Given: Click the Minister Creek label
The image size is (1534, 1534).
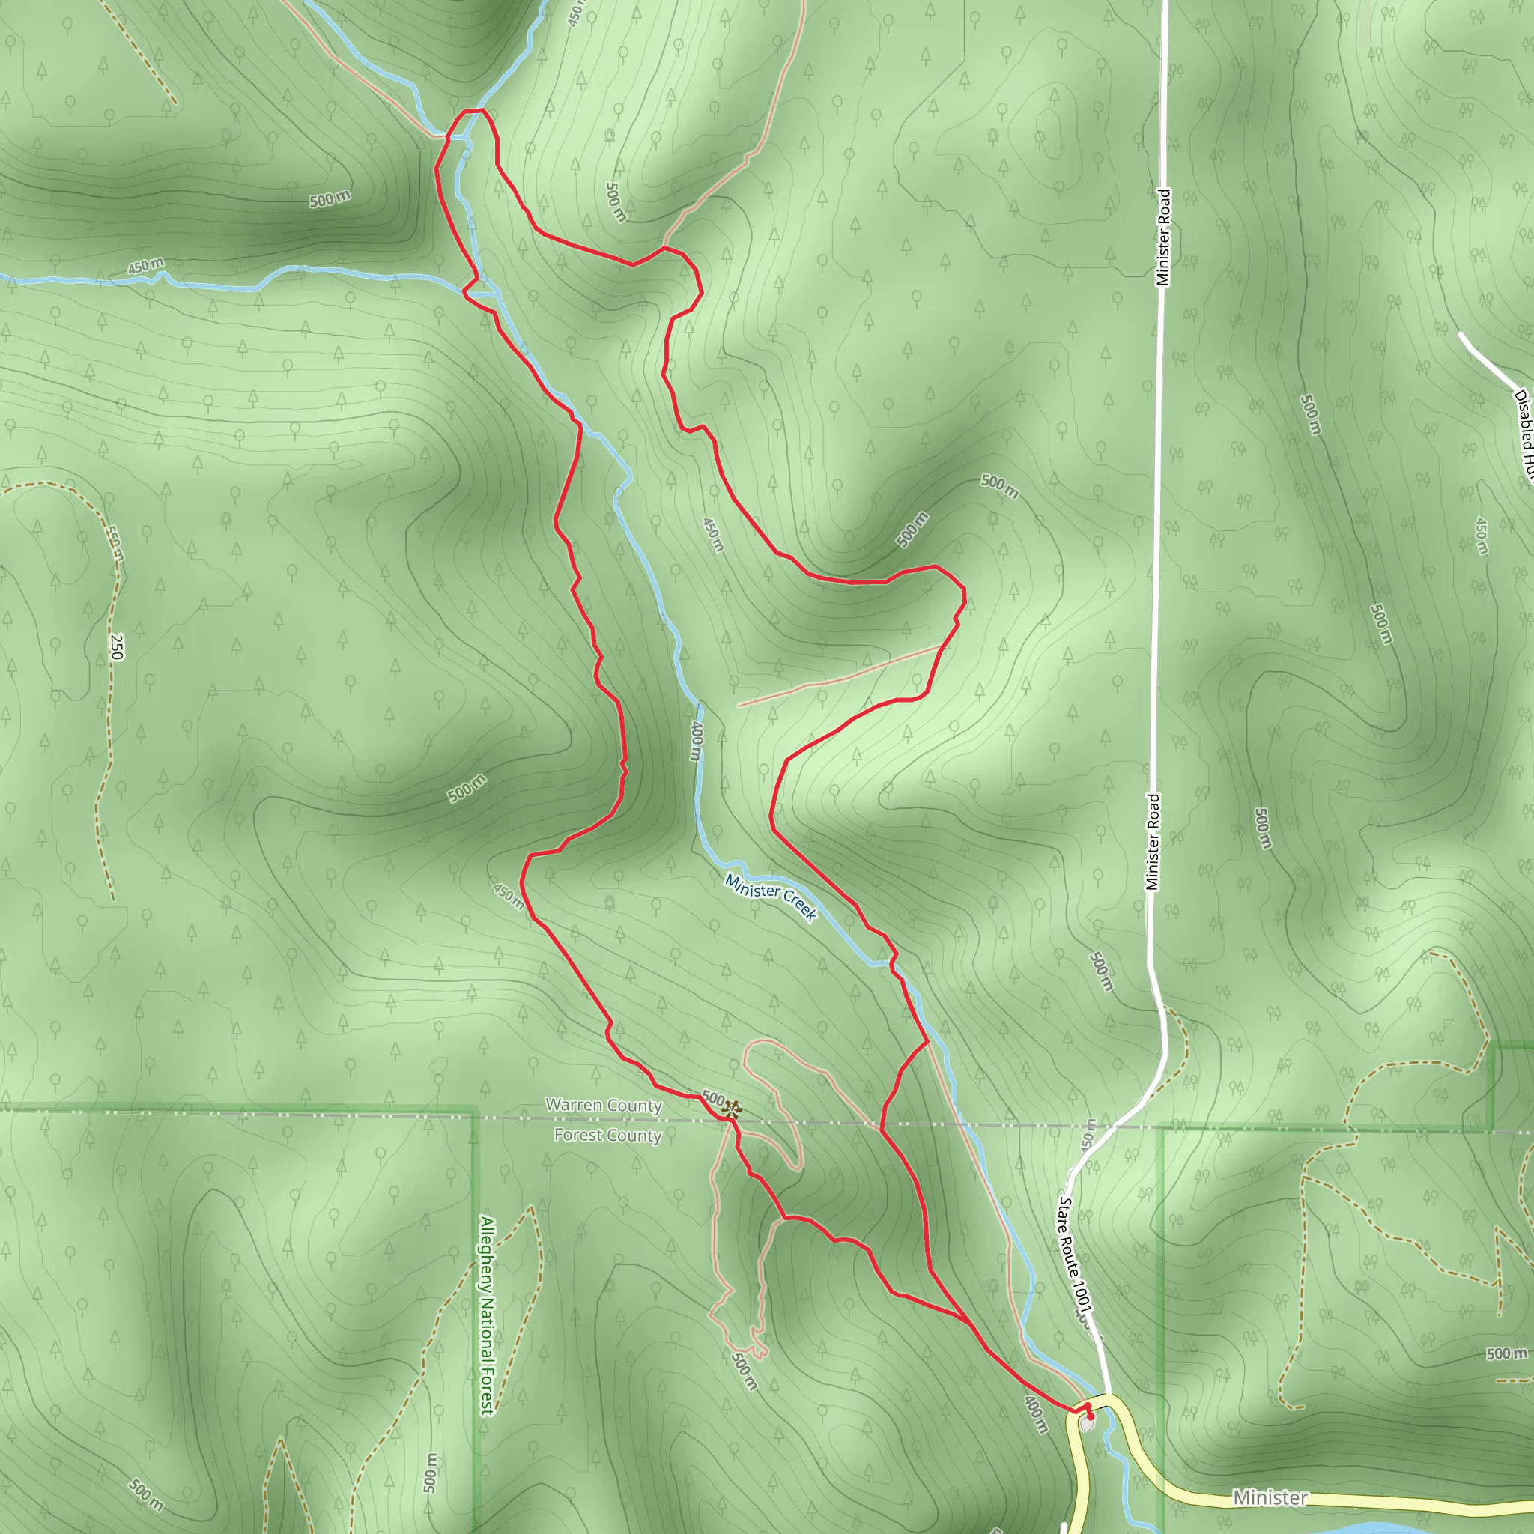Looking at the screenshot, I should pos(770,898).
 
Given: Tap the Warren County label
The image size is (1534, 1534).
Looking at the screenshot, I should pos(604,1106).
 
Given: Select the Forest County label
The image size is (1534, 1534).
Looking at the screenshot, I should pos(607,1136).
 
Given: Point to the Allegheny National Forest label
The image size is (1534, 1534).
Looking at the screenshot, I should pos(487,1315).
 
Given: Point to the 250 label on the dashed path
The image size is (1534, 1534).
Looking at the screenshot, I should pos(117,646).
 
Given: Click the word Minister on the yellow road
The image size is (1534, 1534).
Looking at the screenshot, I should pos(1270,1497).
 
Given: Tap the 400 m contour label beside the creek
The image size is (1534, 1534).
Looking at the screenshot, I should pos(697,741).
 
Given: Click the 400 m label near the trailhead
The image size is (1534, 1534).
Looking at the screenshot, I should pos(1035,1415).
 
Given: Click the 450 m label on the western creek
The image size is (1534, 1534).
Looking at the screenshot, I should pos(145,266).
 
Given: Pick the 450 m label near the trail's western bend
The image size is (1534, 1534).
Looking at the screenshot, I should pos(508,896).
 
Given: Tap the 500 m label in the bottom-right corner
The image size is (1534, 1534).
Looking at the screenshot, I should pos(1506,1353).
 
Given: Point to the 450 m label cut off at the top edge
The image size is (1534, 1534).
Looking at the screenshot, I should pos(577,12).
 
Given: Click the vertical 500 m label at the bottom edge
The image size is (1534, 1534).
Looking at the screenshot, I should pos(429,1472).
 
